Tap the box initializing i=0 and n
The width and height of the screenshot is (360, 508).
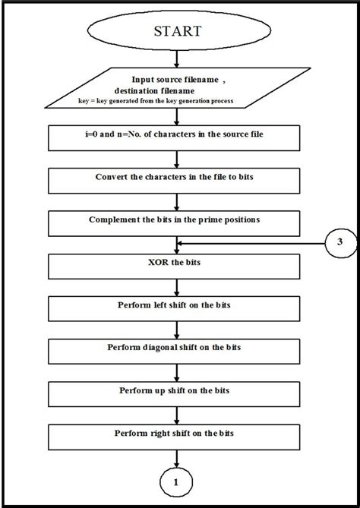178,137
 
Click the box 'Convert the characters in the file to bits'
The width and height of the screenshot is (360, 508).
178,179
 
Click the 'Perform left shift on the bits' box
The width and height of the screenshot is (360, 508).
178,308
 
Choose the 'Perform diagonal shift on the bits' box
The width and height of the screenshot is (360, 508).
178,350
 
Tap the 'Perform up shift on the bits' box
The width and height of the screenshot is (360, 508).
178,393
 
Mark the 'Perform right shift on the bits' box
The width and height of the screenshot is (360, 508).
178,435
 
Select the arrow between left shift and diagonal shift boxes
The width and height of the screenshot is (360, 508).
178,329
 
